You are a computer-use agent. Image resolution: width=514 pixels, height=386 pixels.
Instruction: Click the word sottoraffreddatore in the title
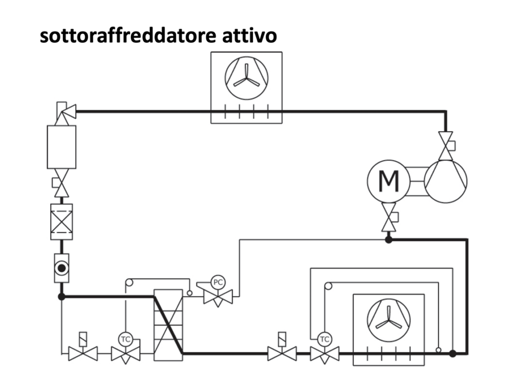click(128, 36)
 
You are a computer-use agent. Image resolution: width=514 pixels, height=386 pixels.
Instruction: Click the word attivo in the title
click(249, 36)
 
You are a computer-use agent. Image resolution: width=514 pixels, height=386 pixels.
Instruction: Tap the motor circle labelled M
click(389, 181)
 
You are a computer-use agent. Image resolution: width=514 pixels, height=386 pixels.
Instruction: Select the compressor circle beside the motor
click(446, 181)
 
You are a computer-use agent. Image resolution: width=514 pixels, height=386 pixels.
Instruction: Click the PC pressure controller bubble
click(218, 282)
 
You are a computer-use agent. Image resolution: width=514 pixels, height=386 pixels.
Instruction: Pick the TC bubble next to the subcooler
click(125, 339)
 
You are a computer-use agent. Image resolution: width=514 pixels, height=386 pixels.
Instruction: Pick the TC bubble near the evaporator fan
click(325, 339)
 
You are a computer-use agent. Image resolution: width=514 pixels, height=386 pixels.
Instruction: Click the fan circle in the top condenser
click(246, 77)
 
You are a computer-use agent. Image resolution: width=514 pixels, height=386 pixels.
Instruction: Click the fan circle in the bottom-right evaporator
click(389, 319)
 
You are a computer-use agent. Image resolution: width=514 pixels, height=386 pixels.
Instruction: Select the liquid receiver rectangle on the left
click(62, 147)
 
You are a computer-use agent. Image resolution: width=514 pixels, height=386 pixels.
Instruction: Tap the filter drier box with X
click(62, 222)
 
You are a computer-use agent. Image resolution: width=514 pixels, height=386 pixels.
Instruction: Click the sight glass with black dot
click(62, 268)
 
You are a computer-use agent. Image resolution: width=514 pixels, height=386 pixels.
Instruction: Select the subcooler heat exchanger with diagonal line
click(168, 325)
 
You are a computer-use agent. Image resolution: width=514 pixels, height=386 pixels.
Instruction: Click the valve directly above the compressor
click(446, 146)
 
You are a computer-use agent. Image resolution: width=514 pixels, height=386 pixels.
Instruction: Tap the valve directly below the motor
click(389, 217)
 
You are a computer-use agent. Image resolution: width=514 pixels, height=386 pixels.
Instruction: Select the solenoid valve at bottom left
click(83, 350)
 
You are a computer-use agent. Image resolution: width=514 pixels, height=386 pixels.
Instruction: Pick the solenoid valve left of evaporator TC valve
click(282, 350)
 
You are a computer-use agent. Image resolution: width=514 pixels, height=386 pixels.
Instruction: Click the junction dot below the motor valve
click(389, 240)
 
